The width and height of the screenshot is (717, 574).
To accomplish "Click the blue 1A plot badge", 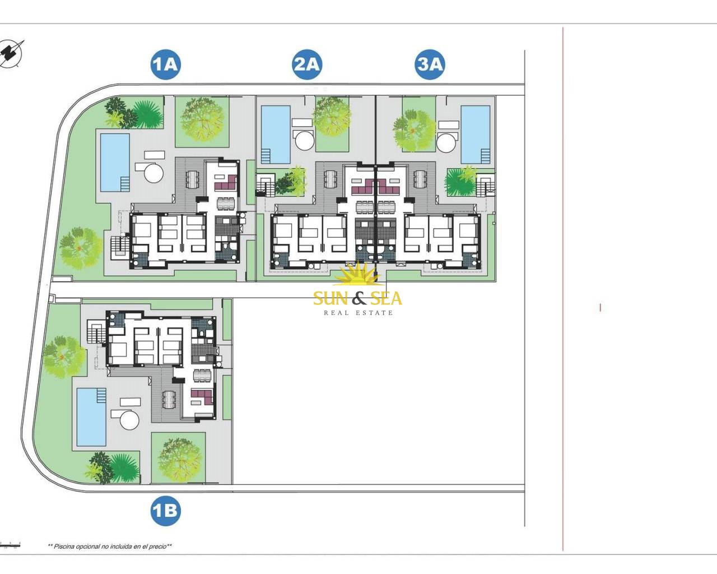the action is [166, 64].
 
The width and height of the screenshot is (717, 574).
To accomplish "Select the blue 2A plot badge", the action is [307, 64].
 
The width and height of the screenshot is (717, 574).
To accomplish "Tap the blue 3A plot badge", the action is [430, 64].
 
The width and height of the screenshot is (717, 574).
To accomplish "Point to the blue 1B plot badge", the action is [166, 511].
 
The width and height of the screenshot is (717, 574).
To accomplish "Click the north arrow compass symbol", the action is [11, 53].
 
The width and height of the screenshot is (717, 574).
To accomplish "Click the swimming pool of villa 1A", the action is [115, 163].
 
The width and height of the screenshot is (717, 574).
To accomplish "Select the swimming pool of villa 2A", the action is [276, 135].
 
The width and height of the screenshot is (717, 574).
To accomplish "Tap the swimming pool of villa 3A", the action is [476, 135].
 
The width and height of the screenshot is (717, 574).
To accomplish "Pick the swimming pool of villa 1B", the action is [92, 417].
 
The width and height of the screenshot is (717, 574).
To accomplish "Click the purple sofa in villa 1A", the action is [226, 182].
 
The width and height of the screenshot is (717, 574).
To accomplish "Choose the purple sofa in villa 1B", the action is [202, 397].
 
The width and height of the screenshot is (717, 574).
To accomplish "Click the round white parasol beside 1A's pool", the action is [154, 172].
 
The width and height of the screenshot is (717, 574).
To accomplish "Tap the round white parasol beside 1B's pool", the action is [129, 420].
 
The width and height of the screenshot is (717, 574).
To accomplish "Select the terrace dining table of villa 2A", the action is [330, 179].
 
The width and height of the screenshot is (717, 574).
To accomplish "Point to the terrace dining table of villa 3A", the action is [420, 179].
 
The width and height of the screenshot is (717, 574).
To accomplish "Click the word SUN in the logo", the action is [331, 298].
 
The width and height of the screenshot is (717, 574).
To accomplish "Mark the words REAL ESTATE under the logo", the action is [358, 313].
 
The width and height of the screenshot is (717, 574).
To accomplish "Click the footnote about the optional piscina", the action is [110, 556].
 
